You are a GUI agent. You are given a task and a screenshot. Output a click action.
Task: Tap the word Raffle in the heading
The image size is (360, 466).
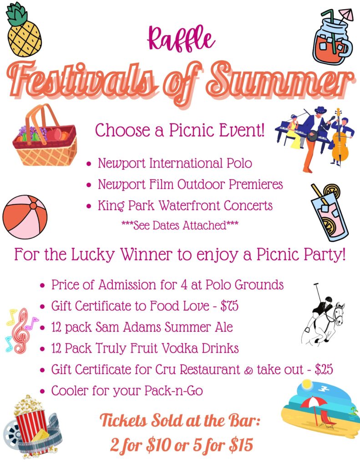tap(181, 39)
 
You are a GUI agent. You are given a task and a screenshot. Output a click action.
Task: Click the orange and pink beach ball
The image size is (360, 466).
tap(25, 217)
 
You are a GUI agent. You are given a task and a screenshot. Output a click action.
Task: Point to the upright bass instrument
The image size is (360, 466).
tap(340, 139)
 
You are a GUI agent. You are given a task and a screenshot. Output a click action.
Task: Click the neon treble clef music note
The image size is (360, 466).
tap(21, 330)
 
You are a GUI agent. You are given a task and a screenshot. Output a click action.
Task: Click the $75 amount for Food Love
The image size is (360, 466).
tap(229, 306)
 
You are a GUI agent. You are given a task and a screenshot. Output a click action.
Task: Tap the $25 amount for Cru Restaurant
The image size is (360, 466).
tap(324, 370)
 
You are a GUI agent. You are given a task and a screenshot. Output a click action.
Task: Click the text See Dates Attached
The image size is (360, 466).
tap(180, 226)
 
